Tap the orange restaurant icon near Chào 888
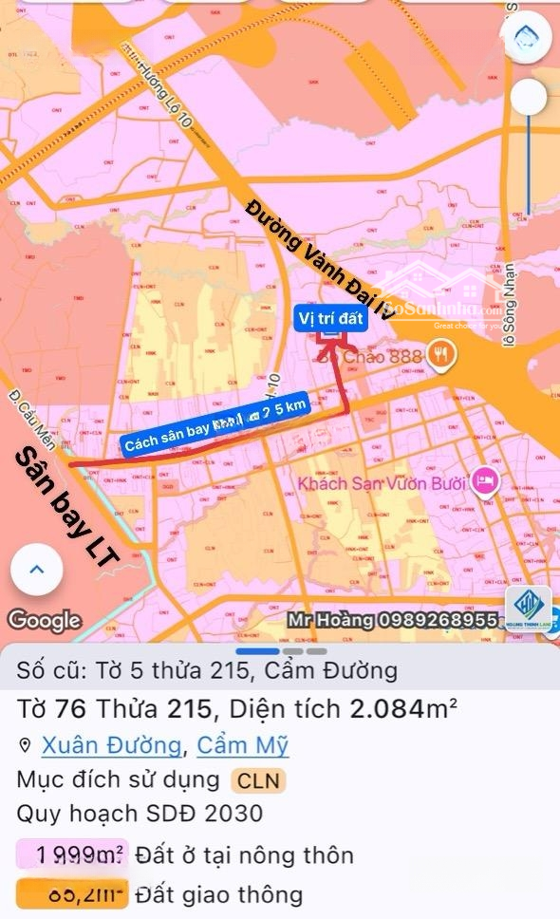(x=439, y=355)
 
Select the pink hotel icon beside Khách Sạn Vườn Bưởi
(x=485, y=481)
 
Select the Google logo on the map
(x=44, y=620)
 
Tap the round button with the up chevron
(x=36, y=571)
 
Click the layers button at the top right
(x=529, y=36)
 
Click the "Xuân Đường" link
(x=110, y=744)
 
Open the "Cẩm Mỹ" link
(x=242, y=744)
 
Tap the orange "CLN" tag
(x=259, y=780)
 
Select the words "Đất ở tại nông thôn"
(x=244, y=855)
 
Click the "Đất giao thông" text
(x=218, y=893)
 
